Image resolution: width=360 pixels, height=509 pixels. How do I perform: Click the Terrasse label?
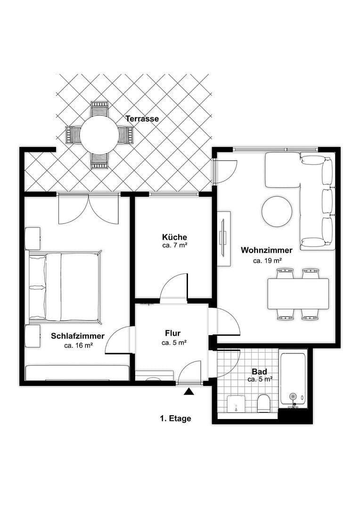pyautogui.click(x=142, y=119)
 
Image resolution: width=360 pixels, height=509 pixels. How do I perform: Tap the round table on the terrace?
pyautogui.click(x=99, y=136)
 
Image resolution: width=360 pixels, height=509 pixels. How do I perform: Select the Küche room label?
pyautogui.click(x=174, y=237)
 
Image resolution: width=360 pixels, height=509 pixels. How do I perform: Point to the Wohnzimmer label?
pyautogui.click(x=267, y=250)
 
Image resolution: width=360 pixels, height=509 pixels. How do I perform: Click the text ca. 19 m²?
pyautogui.click(x=267, y=260)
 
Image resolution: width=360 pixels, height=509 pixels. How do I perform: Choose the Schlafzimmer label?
pyautogui.click(x=78, y=336)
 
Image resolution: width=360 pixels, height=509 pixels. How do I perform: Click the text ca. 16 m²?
pyautogui.click(x=78, y=345)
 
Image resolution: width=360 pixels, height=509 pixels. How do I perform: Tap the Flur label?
pyautogui.click(x=173, y=333)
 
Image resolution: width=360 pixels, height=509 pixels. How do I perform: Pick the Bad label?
pyautogui.click(x=259, y=372)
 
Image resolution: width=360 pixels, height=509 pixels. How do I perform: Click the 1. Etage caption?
pyautogui.click(x=175, y=418)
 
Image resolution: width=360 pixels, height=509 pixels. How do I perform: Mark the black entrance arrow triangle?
pyautogui.click(x=189, y=391)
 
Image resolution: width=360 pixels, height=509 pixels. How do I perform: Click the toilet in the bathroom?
pyautogui.click(x=263, y=403)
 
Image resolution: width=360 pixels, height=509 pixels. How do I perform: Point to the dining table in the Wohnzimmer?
pyautogui.click(x=298, y=294)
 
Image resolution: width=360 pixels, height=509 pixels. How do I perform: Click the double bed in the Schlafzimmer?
pyautogui.click(x=65, y=287)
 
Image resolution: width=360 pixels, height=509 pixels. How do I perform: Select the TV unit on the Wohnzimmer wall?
pyautogui.click(x=223, y=234)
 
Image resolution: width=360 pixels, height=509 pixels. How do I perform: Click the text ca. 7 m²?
pyautogui.click(x=175, y=246)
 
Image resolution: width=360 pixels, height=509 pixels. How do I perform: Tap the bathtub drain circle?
pyautogui.click(x=293, y=396)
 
